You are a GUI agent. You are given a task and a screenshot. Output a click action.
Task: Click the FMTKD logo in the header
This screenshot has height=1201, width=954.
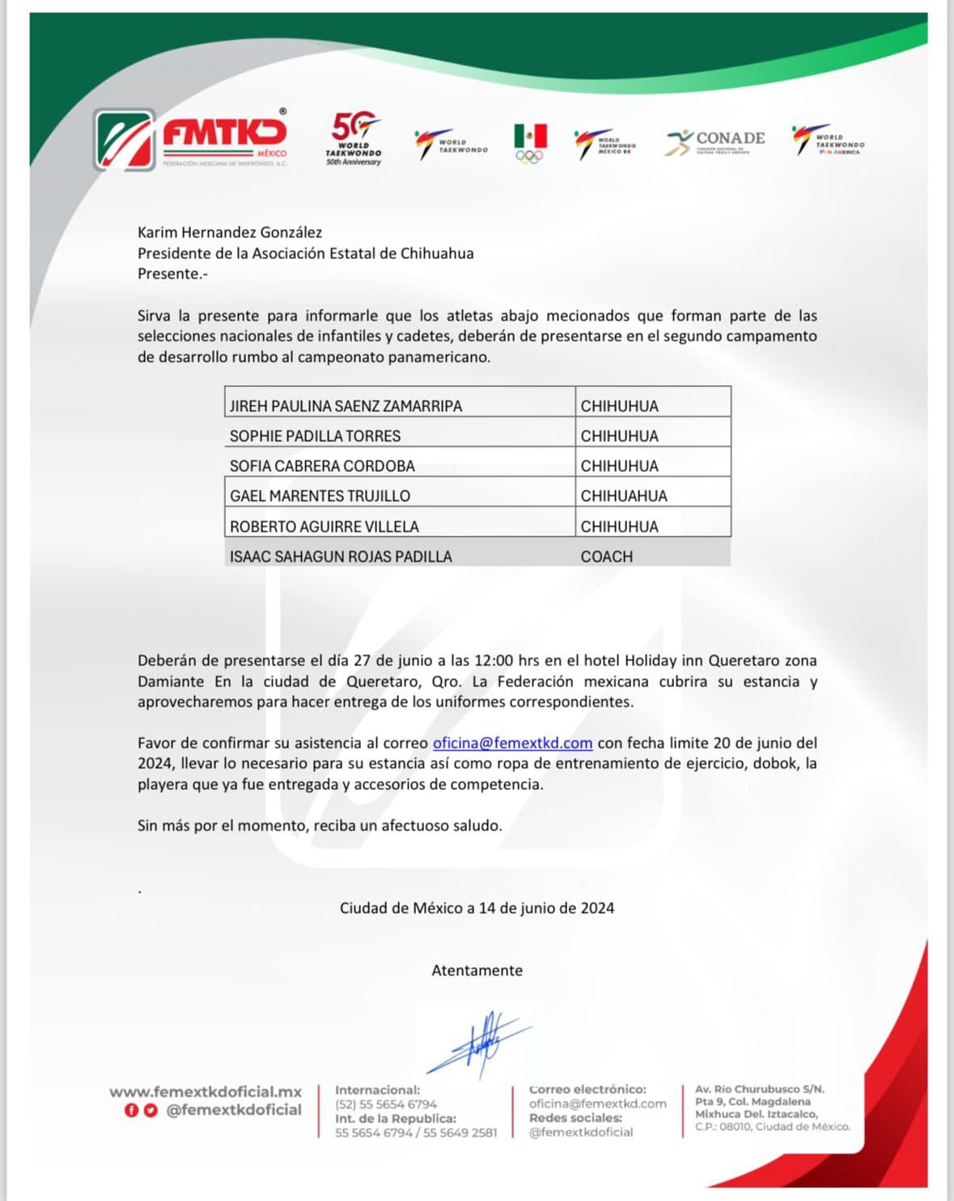pyautogui.click(x=192, y=139)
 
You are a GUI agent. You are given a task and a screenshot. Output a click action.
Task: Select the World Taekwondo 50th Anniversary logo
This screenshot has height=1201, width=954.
pyautogui.click(x=354, y=139)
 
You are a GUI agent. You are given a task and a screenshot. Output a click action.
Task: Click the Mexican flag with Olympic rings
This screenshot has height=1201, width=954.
pyautogui.click(x=530, y=143)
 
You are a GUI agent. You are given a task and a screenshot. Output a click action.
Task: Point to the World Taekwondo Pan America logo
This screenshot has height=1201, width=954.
pyautogui.click(x=827, y=141)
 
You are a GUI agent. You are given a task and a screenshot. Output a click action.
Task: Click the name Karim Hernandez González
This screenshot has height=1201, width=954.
pyautogui.click(x=230, y=232)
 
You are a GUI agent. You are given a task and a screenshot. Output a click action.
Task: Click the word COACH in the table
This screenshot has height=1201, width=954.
pyautogui.click(x=607, y=556)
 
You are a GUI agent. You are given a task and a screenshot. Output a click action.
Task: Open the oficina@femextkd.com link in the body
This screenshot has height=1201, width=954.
pyautogui.click(x=512, y=743)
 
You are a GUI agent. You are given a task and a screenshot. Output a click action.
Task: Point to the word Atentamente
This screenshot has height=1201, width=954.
pyautogui.click(x=477, y=970)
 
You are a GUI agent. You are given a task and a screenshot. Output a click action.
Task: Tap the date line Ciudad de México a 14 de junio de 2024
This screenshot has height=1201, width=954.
pyautogui.click(x=477, y=908)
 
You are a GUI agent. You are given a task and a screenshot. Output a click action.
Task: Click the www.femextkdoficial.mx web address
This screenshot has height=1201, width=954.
pyautogui.click(x=206, y=1092)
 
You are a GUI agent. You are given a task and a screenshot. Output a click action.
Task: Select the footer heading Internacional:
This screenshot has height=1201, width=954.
pyautogui.click(x=377, y=1090)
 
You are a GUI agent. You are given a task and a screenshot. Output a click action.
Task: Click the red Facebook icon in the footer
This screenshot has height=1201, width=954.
pyautogui.click(x=130, y=1110)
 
